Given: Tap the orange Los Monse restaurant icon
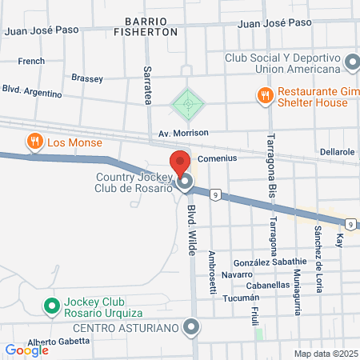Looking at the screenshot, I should click(x=34, y=142).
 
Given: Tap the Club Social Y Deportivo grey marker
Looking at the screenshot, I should click(x=352, y=62).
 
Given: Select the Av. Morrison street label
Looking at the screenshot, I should click(x=183, y=132).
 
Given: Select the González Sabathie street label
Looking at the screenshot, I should click(x=270, y=262).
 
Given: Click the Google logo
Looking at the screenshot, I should click(x=26, y=350).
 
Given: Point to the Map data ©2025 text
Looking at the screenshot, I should click(x=325, y=353).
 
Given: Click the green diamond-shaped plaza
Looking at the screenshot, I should click(x=187, y=103).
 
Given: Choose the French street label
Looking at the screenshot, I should click(x=31, y=61).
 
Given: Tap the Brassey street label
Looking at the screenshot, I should click(x=87, y=78).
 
